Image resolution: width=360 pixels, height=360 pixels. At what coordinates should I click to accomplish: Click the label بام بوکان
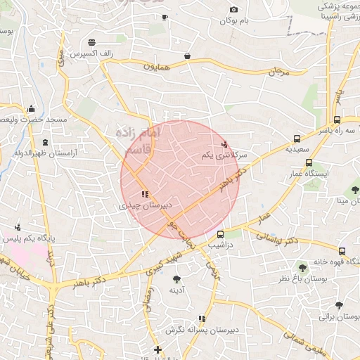(x=234, y=21)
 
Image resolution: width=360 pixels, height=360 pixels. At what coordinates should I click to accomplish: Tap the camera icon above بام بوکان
(x=234, y=10)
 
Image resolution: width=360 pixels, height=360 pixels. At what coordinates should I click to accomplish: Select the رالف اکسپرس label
(x=88, y=53)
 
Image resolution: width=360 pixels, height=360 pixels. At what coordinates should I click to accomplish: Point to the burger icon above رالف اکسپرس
(x=92, y=41)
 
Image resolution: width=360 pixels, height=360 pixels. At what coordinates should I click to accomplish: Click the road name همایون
(x=158, y=67)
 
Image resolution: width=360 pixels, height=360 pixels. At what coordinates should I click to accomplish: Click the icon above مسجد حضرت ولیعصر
(x=31, y=109)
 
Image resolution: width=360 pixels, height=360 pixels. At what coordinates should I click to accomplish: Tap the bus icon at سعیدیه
(x=297, y=139)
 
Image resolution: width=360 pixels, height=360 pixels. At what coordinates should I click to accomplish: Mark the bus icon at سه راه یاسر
(x=337, y=120)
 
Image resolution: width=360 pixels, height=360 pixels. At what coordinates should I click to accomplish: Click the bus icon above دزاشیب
(x=221, y=234)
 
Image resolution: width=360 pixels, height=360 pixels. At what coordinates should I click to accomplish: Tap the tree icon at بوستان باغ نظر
(x=302, y=267)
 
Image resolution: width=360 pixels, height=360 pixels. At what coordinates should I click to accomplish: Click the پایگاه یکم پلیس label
(x=43, y=238)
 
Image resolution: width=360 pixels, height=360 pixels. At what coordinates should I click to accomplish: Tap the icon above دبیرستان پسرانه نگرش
(x=202, y=319)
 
